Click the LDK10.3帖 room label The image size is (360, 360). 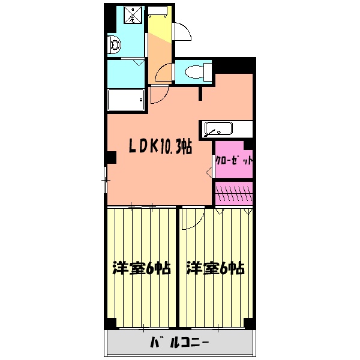click(x=158, y=146)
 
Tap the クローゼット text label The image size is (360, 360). click(x=234, y=161)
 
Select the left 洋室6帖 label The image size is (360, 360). click(x=142, y=268)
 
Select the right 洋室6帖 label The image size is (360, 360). click(x=215, y=268)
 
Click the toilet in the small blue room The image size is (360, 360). click(x=195, y=73)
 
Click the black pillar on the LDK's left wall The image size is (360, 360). click(x=111, y=158)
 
